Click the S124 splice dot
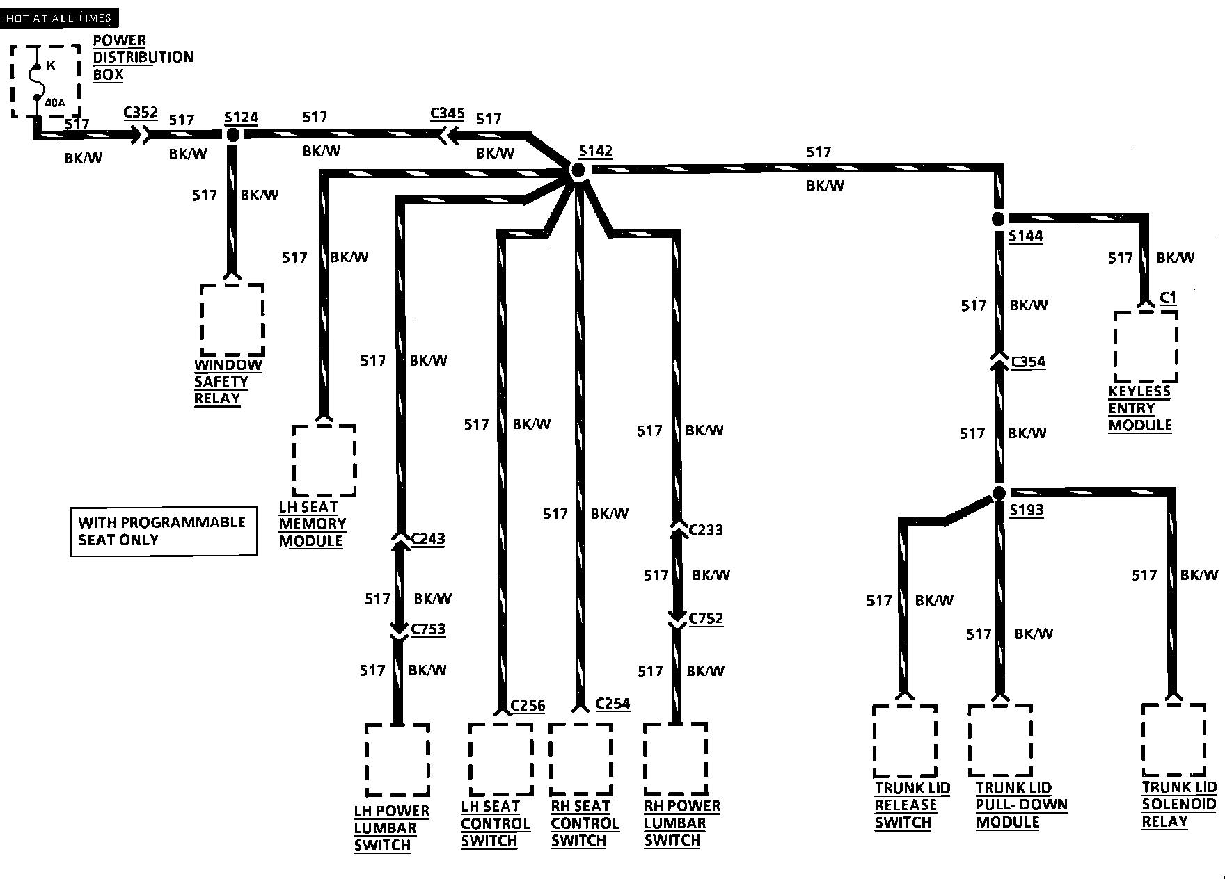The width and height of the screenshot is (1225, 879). tap(232, 135)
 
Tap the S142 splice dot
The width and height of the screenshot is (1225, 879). tap(578, 170)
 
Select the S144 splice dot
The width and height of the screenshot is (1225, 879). tap(999, 219)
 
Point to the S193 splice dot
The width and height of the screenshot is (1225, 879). tap(999, 493)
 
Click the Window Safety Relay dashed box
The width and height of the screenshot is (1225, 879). tap(232, 320)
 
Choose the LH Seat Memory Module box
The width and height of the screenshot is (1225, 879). tap(324, 460)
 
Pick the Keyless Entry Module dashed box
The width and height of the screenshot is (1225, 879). tap(1146, 346)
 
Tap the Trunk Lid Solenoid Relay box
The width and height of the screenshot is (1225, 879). tap(1173, 740)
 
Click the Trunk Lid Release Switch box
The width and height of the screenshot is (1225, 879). tap(905, 741)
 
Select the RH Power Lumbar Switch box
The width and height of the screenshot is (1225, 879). tap(675, 759)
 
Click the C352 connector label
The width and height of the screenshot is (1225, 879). tap(141, 113)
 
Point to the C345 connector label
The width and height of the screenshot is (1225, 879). tap(447, 113)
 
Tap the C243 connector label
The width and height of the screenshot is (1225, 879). tap(428, 538)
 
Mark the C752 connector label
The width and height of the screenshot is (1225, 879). tap(706, 618)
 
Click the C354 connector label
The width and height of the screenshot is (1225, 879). tap(1028, 362)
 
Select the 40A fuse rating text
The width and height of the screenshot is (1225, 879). tap(55, 103)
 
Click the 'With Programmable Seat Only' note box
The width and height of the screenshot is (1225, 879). tap(164, 531)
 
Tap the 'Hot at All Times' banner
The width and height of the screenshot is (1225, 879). tap(58, 18)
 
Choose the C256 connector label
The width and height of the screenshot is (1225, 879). tap(528, 706)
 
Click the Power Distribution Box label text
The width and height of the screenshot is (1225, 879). tap(143, 58)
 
